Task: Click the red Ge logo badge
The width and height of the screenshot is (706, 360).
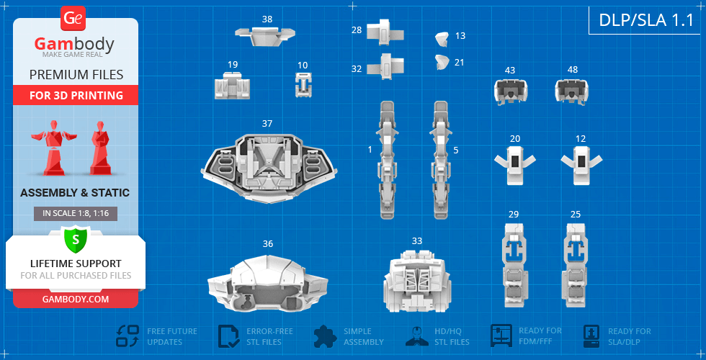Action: [x=72, y=19]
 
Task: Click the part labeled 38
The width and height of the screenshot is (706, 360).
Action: [x=265, y=35]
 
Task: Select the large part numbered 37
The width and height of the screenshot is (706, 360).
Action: [x=269, y=167]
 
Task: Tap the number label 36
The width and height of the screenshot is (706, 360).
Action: [x=268, y=243]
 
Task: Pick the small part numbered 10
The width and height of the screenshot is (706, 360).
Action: [x=303, y=85]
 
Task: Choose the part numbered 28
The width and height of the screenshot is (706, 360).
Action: [x=385, y=32]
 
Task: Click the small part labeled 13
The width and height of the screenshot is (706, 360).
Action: [x=442, y=39]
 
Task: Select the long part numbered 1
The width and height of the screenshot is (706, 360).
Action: [x=388, y=160]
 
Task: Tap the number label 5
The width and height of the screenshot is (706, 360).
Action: [x=456, y=150]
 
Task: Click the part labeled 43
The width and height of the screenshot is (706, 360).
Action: [x=511, y=91]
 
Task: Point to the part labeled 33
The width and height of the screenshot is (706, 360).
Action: [x=417, y=280]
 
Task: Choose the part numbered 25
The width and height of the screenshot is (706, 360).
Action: [x=576, y=266]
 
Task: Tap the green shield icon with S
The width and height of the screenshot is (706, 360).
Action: [x=76, y=240]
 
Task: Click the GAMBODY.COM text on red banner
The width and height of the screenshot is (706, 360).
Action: [x=76, y=299]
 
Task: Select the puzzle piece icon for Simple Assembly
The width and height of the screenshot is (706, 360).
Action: [x=326, y=336]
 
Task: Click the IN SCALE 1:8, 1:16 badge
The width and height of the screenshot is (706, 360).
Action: [x=76, y=214]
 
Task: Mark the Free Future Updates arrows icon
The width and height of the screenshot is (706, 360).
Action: [x=128, y=336]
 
